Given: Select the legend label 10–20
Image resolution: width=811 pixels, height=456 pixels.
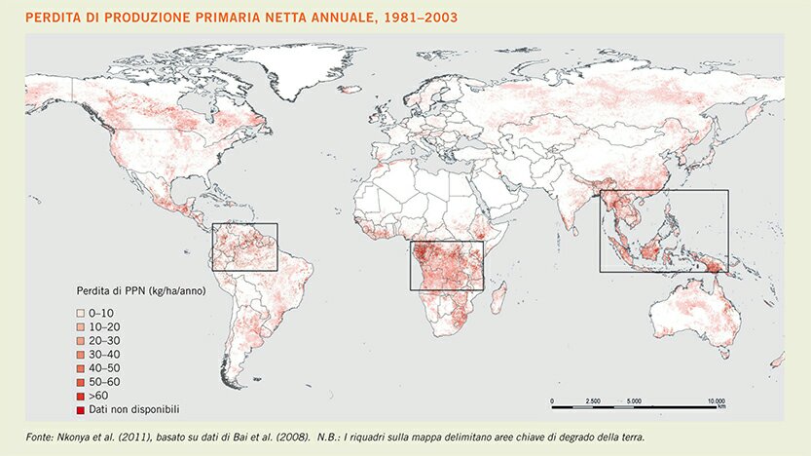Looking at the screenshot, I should coord(101,325).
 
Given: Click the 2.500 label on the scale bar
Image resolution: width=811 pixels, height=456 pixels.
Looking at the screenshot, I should coord(592,400).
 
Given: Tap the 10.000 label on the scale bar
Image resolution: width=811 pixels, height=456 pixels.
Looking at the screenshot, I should coord(716,400).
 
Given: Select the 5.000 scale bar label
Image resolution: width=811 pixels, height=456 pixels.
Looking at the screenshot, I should coord(634,400).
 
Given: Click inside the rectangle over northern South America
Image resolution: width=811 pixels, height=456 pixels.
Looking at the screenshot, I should coord(244,247).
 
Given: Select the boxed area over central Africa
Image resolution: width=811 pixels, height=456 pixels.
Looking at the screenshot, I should coord(446,265).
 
